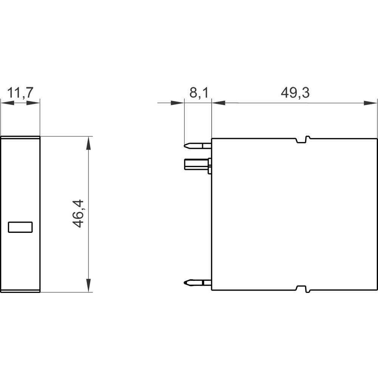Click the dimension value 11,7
coord(20,93)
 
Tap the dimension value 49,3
coord(295,93)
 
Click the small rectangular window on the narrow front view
coord(20,227)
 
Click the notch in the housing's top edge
coord(302,140)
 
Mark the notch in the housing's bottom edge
coord(302,289)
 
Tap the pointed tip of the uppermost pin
coord(185,145)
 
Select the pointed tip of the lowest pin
coord(185,282)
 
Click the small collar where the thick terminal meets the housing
coord(209,165)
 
